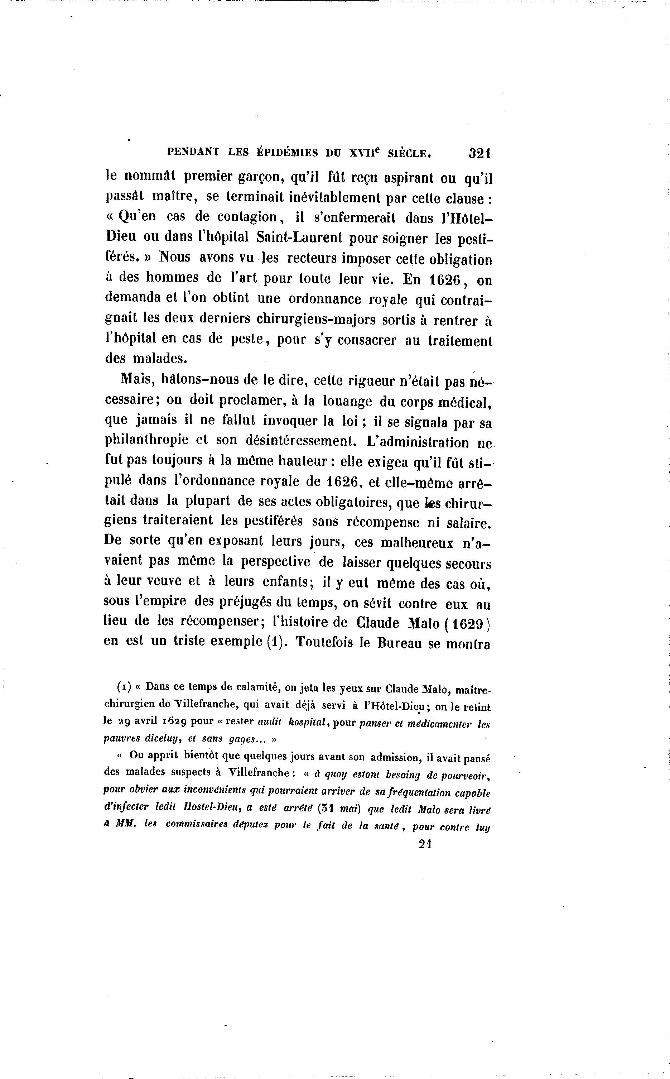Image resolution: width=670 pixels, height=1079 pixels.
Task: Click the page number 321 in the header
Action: [479, 153]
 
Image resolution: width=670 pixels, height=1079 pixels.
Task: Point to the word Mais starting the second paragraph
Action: [136, 379]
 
